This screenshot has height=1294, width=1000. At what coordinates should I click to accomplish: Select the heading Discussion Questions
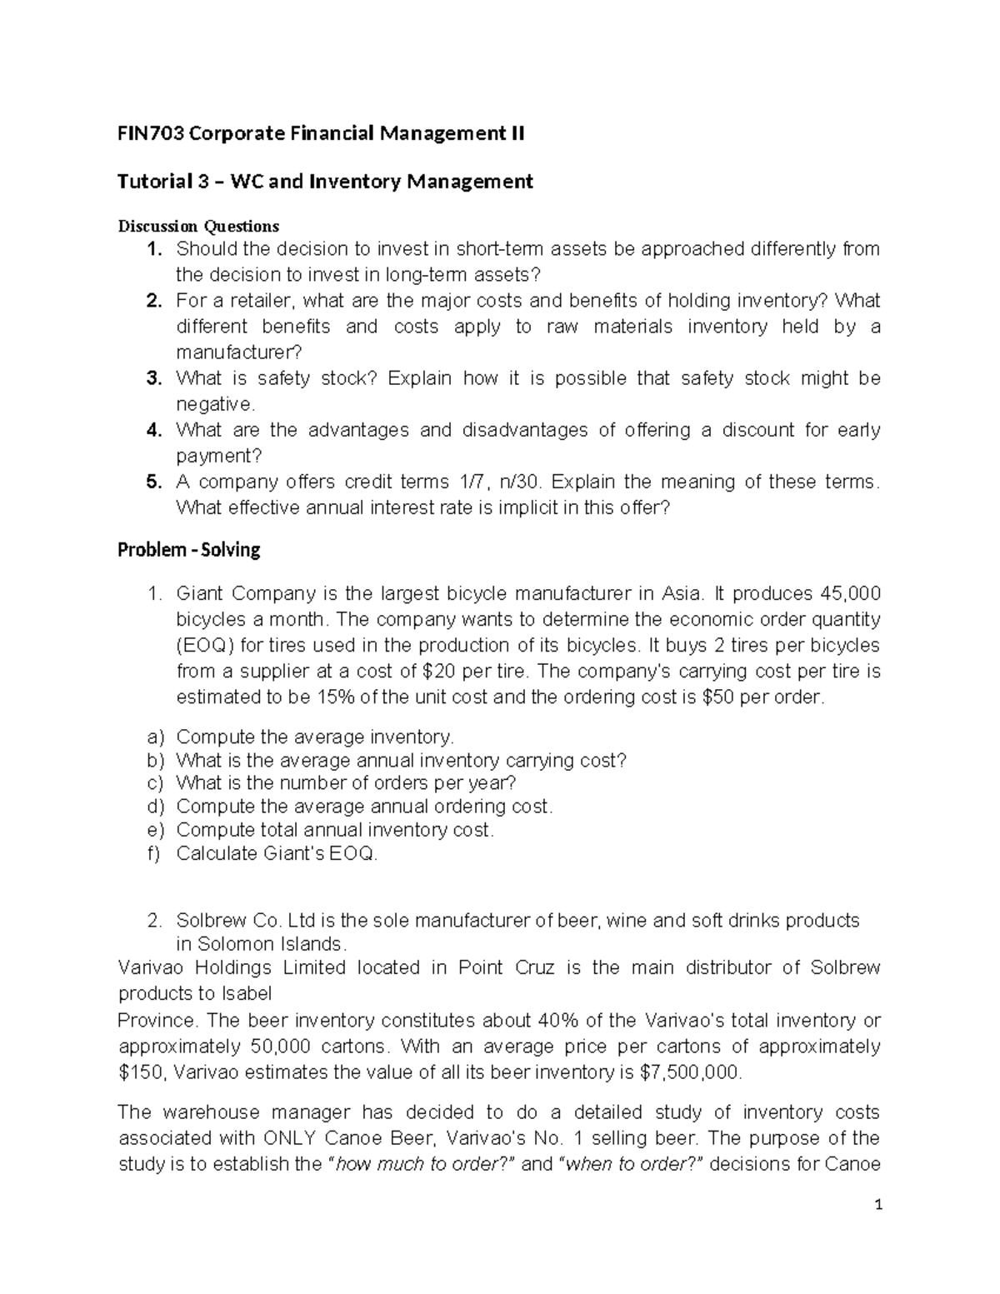[198, 226]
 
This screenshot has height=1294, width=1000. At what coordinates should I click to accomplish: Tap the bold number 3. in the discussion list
[153, 378]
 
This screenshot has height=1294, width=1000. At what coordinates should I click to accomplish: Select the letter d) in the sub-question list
[155, 807]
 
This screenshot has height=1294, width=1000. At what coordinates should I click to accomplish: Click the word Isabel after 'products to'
[247, 993]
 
